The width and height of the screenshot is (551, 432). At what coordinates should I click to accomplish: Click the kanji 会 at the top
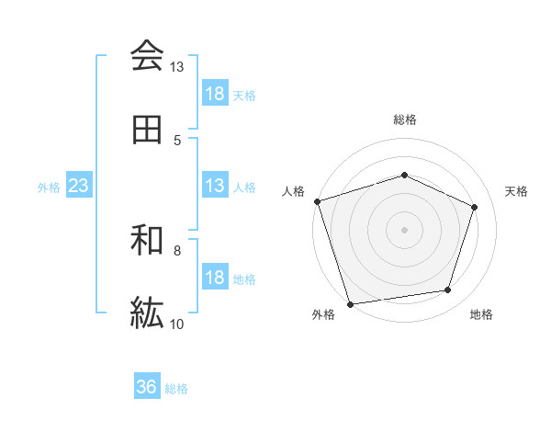pyautogui.click(x=147, y=56)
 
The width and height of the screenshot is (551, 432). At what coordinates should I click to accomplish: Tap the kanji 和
pyautogui.click(x=147, y=241)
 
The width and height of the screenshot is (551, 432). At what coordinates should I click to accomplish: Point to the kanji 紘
pyautogui.click(x=147, y=313)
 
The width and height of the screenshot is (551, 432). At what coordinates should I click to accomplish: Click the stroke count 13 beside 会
pyautogui.click(x=176, y=67)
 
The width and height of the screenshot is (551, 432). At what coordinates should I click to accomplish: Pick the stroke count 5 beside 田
pyautogui.click(x=176, y=141)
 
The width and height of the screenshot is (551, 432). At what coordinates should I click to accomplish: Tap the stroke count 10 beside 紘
pyautogui.click(x=176, y=324)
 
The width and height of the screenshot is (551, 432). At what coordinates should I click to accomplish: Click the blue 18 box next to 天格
pyautogui.click(x=215, y=94)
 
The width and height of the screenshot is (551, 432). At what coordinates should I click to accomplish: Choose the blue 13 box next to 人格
pyautogui.click(x=215, y=186)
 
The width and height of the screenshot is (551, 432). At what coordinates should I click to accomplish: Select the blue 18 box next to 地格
pyautogui.click(x=215, y=278)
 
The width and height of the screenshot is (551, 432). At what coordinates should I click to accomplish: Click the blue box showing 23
pyautogui.click(x=79, y=186)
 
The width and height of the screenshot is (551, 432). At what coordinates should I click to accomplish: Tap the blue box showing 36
pyautogui.click(x=147, y=387)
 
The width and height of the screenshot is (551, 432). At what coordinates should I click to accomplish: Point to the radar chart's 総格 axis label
pyautogui.click(x=405, y=119)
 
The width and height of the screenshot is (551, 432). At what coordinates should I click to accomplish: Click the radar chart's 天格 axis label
pyautogui.click(x=517, y=191)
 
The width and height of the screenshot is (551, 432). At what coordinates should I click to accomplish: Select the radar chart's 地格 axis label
pyautogui.click(x=481, y=314)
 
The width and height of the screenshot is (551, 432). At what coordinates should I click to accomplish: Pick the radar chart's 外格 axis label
pyautogui.click(x=323, y=314)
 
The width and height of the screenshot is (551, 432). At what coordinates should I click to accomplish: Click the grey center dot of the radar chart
pyautogui.click(x=405, y=229)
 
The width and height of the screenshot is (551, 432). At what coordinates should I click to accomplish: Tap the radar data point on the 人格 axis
pyautogui.click(x=317, y=201)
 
